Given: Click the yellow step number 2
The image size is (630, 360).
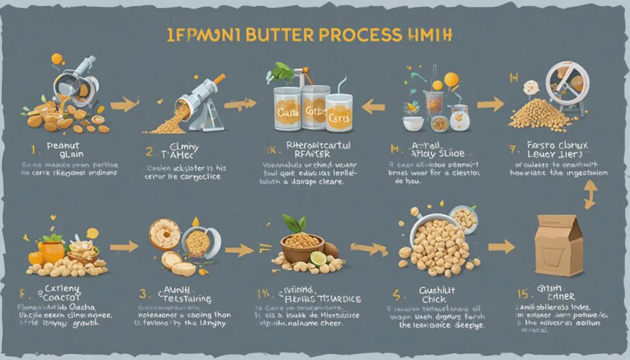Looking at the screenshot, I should pos(150,150).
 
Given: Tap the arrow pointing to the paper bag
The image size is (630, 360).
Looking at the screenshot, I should pos(501,247).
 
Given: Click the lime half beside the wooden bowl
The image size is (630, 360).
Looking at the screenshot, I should pos(318,258).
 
